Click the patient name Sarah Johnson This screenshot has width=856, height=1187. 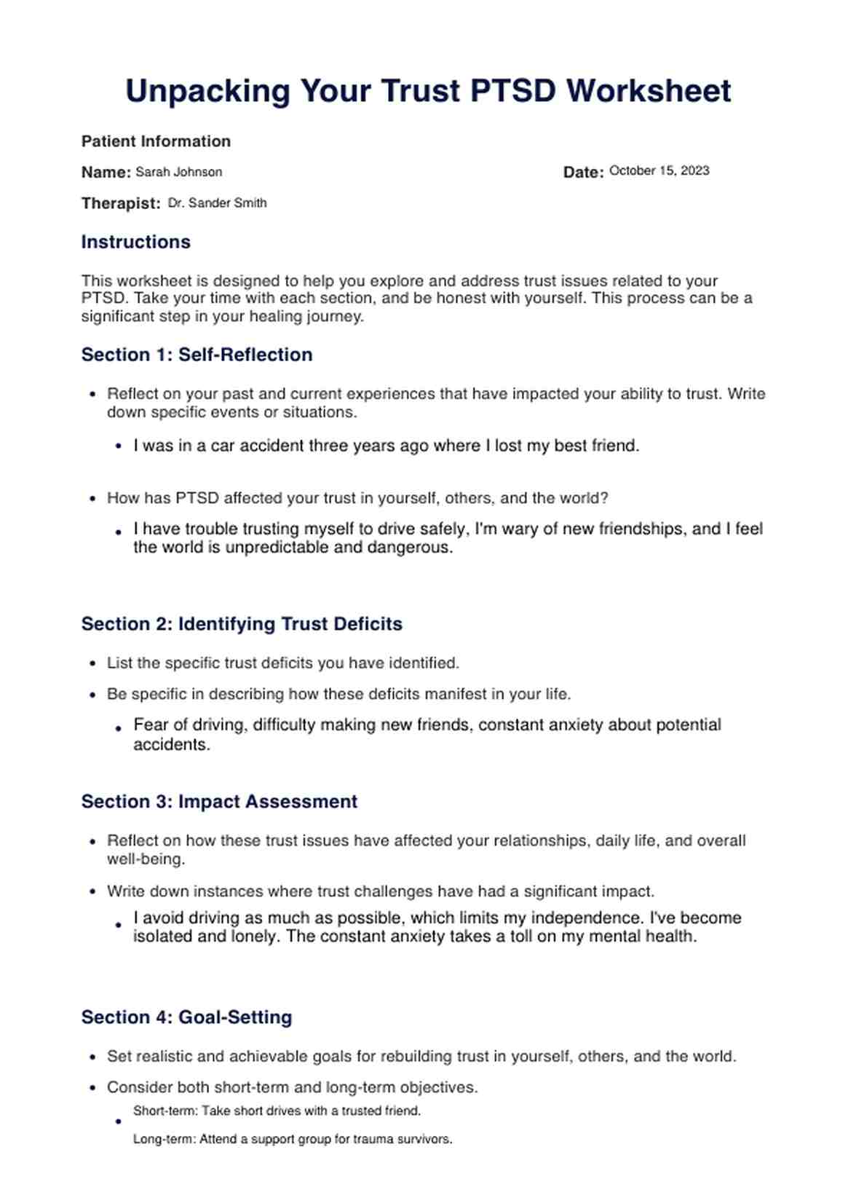(179, 173)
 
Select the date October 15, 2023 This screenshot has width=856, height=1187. (659, 171)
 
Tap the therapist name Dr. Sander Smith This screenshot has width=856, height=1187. (217, 203)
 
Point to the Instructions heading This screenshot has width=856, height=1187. (135, 242)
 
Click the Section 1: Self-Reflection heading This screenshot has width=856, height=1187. (197, 355)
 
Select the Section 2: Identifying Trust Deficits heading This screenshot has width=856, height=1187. (242, 624)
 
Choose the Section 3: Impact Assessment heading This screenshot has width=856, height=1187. (219, 802)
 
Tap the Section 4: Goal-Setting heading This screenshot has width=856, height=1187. (186, 1017)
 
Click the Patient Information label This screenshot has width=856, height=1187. (156, 141)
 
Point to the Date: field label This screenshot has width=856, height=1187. (583, 173)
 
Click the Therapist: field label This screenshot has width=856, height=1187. (121, 204)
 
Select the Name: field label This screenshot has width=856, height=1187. (106, 173)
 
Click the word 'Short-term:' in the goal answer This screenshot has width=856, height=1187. (165, 1111)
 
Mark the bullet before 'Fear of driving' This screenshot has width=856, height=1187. (119, 727)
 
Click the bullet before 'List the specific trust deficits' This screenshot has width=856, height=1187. (92, 663)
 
